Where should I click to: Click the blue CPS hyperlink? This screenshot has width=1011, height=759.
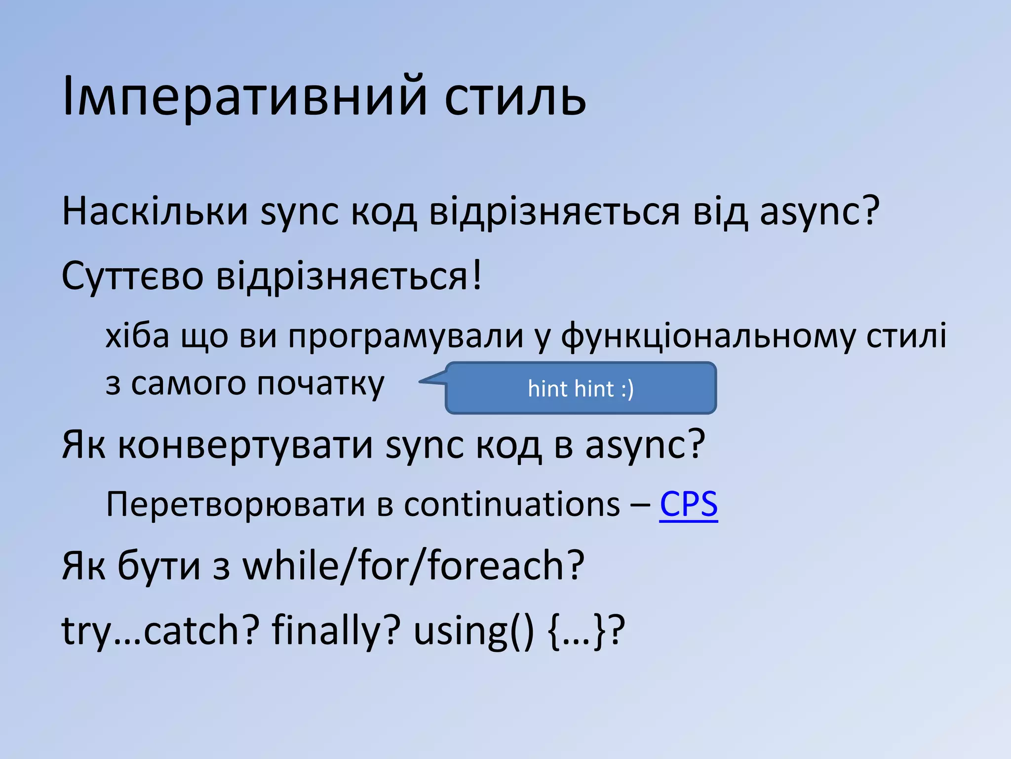click(688, 505)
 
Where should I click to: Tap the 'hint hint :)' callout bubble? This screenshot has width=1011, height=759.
click(581, 388)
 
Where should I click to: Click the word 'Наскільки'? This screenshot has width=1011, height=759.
click(155, 211)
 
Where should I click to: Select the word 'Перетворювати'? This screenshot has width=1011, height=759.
click(235, 505)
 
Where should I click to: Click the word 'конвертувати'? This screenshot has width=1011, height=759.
click(245, 445)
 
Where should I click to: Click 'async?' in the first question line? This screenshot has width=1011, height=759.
click(819, 211)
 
